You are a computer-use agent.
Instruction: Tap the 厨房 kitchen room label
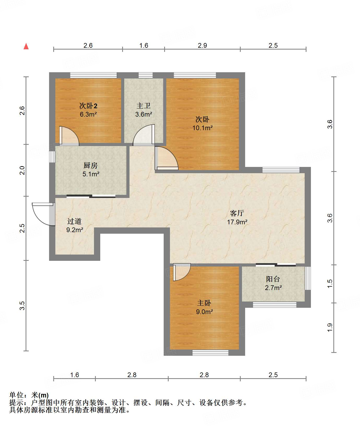[91, 165]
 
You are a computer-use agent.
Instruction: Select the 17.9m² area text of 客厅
[237, 222]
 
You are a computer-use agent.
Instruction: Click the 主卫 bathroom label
[144, 106]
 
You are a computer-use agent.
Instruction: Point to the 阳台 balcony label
[273, 279]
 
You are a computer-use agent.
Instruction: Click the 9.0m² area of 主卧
[204, 312]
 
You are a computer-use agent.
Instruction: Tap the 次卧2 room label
[88, 106]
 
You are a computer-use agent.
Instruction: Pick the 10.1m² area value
[203, 128]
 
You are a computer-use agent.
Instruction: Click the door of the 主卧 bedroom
[182, 272]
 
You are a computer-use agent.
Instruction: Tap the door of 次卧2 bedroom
[69, 136]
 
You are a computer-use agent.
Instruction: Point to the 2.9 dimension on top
[202, 45]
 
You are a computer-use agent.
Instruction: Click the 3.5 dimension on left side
[22, 305]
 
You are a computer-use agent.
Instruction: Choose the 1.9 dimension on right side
[330, 328]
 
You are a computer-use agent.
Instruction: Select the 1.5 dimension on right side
[330, 284]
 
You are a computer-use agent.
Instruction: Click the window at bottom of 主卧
[210, 353]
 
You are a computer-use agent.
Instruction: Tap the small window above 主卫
[145, 75]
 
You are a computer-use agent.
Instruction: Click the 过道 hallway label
[74, 221]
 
